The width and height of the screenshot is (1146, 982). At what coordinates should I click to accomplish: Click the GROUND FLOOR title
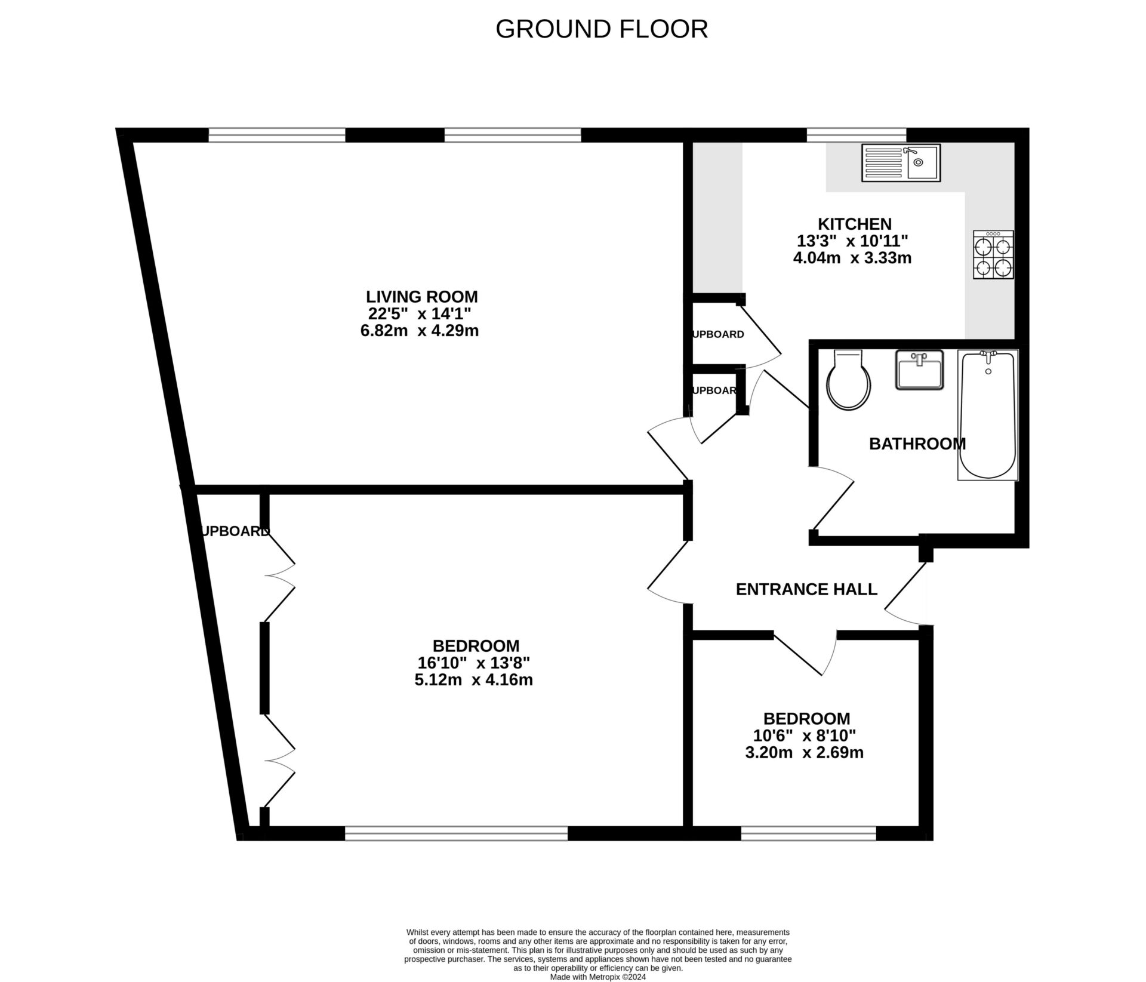click(602, 29)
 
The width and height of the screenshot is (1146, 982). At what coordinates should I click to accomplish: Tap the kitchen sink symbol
click(901, 162)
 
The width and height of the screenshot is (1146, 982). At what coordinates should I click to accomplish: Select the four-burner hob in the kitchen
click(993, 255)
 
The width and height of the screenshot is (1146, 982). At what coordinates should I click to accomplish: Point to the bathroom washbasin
click(919, 370)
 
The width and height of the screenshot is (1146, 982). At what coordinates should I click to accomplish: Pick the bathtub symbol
click(988, 415)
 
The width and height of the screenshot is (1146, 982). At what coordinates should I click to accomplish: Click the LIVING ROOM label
click(421, 297)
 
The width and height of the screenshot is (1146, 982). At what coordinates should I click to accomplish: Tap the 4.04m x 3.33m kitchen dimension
click(852, 258)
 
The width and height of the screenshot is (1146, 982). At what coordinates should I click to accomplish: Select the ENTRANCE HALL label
click(806, 589)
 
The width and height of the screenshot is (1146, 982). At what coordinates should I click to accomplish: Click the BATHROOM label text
click(917, 444)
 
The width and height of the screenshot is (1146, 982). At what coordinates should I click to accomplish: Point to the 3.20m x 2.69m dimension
click(804, 752)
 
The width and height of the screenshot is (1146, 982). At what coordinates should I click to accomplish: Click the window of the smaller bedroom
click(808, 833)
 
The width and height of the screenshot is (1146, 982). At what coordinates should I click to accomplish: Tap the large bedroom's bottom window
click(456, 833)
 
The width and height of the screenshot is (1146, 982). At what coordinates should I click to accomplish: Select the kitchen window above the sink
click(856, 136)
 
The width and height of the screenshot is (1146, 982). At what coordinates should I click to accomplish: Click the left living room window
click(276, 136)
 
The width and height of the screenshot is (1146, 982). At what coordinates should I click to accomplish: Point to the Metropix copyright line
click(597, 977)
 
